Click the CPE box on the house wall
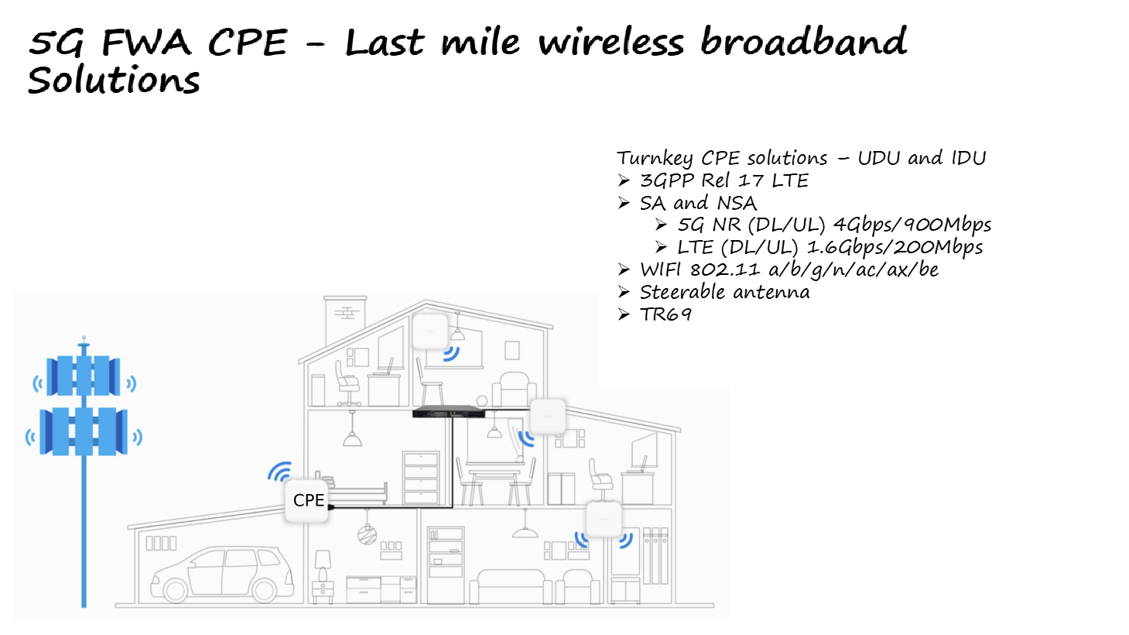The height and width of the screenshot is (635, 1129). tap(308, 501)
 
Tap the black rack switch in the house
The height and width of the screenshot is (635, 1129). tap(448, 412)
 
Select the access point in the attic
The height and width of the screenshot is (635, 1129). tap(430, 331)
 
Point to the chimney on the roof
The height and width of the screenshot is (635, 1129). tap(345, 319)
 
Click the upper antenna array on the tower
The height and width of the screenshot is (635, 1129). tap(84, 376)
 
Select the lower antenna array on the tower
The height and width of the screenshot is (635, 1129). tap(84, 431)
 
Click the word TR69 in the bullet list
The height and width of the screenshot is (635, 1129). tap(665, 314)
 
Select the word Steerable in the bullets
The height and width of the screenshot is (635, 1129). tap(682, 292)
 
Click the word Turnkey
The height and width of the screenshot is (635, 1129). tap(655, 159)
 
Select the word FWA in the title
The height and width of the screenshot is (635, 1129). tap(146, 43)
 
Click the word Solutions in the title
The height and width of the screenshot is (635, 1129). tap(114, 81)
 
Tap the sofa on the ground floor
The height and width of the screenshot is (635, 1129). tap(511, 585)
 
